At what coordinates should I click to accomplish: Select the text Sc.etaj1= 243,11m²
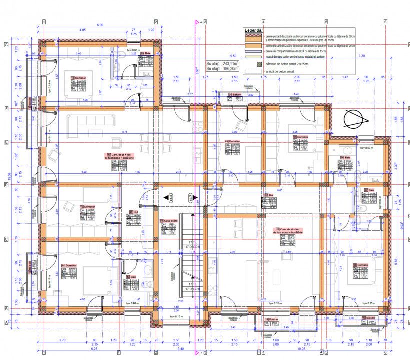coord(223,64)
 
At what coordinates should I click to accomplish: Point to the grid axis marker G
coord(6,45)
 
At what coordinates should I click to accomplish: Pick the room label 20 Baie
coord(146,53)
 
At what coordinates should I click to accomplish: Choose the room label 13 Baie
coord(131,277)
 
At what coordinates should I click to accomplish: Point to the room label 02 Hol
coord(268,195)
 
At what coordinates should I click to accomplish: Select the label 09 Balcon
coord(368,318)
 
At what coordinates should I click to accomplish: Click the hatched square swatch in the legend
coord(259,64)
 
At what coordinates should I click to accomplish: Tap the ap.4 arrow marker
coord(170,196)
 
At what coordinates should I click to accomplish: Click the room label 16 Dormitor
coord(88,206)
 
